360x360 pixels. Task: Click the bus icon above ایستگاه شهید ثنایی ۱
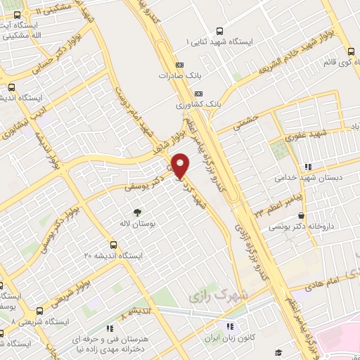pos(219,31)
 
